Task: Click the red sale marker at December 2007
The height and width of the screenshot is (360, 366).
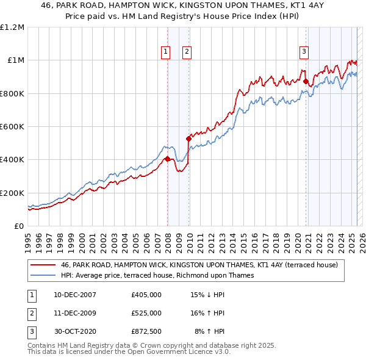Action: (x=167, y=159)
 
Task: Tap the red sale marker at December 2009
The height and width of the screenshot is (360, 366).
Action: (x=189, y=139)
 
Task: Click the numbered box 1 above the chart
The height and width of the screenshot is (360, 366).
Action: (x=165, y=52)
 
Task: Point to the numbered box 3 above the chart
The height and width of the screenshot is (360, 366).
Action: (x=304, y=52)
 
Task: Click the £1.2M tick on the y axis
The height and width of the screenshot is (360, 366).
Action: (x=12, y=27)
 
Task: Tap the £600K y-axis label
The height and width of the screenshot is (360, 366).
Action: (x=12, y=127)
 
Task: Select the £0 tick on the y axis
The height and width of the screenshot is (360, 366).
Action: (x=19, y=226)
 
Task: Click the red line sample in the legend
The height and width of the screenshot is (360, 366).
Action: (x=43, y=265)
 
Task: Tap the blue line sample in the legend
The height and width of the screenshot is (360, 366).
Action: (x=43, y=275)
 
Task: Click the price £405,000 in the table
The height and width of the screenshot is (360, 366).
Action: (x=146, y=295)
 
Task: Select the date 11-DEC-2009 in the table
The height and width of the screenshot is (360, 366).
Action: (x=75, y=313)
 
